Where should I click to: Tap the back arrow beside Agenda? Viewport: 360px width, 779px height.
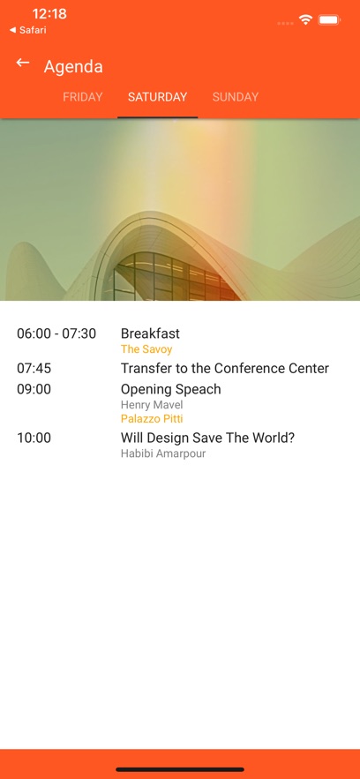click(x=23, y=63)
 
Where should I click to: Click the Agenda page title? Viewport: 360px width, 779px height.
click(x=73, y=66)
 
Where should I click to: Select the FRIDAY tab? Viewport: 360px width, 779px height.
click(x=82, y=97)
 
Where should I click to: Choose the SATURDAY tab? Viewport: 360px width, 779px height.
click(x=157, y=97)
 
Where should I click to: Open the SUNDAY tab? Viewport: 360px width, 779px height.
click(x=236, y=97)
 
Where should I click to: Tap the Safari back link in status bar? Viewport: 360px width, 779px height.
click(x=28, y=30)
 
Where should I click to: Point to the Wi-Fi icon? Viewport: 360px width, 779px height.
click(x=305, y=20)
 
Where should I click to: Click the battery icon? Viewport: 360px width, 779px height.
click(x=329, y=20)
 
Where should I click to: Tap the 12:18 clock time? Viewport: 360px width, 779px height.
click(x=49, y=13)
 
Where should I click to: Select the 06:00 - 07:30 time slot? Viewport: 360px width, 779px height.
click(x=56, y=333)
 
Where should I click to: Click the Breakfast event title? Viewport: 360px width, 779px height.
click(x=151, y=333)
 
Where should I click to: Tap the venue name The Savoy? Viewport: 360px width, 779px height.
click(x=146, y=349)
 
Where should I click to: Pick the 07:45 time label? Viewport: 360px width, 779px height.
click(x=34, y=369)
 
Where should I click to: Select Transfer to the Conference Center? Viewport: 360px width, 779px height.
click(x=225, y=369)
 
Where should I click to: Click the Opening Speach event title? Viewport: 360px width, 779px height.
click(x=171, y=390)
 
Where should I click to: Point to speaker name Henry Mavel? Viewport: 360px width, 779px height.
click(x=152, y=405)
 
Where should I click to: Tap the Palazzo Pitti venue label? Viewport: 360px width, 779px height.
click(x=152, y=419)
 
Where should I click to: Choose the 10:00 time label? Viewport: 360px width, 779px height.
click(x=34, y=438)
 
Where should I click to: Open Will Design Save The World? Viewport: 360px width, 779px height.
click(x=207, y=438)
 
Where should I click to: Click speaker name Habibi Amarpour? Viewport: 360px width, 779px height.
click(x=163, y=453)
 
